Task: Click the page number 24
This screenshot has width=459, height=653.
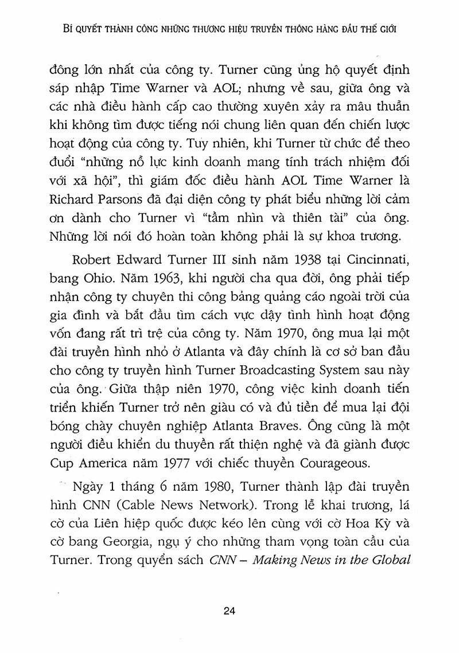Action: pos(229,612)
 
